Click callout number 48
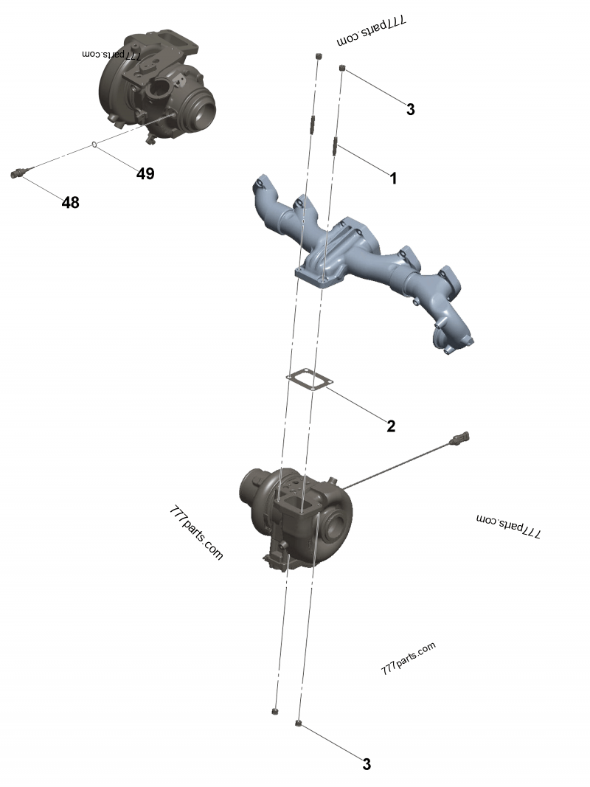(x=70, y=202)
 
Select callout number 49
(x=145, y=173)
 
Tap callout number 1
(x=393, y=178)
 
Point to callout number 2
(x=391, y=426)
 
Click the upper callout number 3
(x=410, y=109)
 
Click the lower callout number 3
(x=367, y=764)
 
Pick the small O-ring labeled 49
(x=94, y=145)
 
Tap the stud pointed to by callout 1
(x=335, y=146)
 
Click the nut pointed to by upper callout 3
(x=343, y=68)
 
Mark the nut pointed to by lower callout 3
(x=298, y=724)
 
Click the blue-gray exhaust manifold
(x=361, y=266)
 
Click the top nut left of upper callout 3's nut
(x=318, y=56)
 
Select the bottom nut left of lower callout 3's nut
(x=274, y=711)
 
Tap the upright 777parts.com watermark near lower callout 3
(x=409, y=658)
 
